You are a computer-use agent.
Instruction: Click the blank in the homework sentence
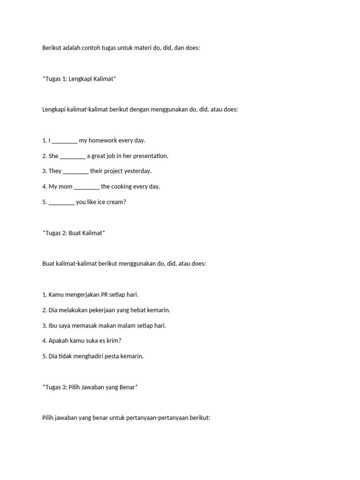tap(65, 141)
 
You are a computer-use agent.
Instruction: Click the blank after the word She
tap(73, 156)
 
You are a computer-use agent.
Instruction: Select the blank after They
tap(75, 171)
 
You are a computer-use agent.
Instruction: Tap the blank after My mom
tap(87, 187)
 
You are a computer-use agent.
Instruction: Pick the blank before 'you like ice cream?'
tap(61, 202)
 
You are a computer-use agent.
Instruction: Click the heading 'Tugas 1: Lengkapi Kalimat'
tap(79, 79)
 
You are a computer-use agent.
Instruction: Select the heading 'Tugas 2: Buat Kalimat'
tap(74, 233)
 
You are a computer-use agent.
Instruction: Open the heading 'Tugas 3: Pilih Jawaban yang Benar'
tap(90, 387)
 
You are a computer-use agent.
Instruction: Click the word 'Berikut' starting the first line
tap(52, 48)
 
